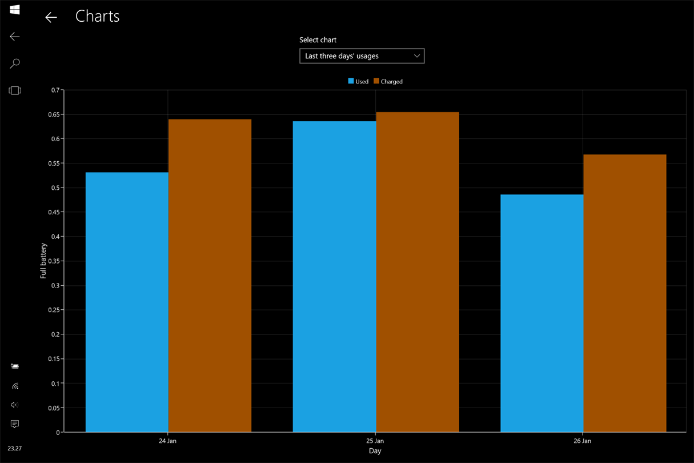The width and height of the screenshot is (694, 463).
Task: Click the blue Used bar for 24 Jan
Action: tap(127, 302)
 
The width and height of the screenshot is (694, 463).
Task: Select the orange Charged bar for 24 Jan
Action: tap(210, 276)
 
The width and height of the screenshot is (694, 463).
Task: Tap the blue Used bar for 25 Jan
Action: tap(335, 277)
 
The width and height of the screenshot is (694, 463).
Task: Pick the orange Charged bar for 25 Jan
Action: tap(418, 272)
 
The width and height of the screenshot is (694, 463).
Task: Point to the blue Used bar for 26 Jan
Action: tap(542, 313)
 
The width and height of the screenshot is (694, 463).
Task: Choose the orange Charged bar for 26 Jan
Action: tap(625, 293)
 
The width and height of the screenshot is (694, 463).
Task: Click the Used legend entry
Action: tap(359, 81)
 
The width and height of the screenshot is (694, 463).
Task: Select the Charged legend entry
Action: tap(388, 81)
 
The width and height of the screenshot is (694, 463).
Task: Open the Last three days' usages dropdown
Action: tap(362, 56)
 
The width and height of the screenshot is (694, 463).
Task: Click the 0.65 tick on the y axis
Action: tap(54, 114)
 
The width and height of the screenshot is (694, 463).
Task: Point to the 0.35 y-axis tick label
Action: tap(54, 261)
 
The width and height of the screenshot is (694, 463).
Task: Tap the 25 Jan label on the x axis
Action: tap(375, 441)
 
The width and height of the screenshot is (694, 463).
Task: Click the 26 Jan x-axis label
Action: tap(582, 441)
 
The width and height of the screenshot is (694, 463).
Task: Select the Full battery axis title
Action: tap(43, 261)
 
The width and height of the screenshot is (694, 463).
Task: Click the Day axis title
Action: tap(375, 451)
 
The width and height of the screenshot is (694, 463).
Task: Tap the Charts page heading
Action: tap(97, 16)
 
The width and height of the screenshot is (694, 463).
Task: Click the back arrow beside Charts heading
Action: tap(51, 17)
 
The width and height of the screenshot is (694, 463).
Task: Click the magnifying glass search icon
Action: tap(15, 63)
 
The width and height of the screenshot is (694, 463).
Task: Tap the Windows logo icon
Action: tap(15, 10)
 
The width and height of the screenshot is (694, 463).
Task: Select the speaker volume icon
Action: tap(14, 405)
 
